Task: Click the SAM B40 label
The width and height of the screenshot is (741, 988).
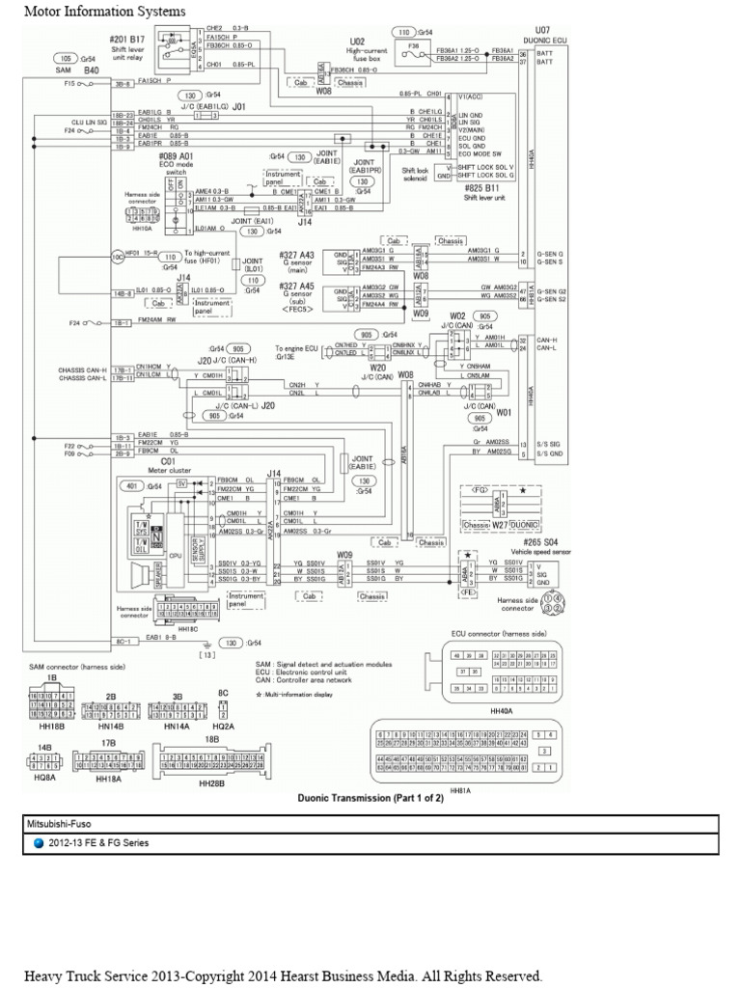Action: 78,70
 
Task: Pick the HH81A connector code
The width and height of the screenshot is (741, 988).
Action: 457,788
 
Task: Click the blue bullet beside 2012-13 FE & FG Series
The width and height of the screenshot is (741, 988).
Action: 39,842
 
